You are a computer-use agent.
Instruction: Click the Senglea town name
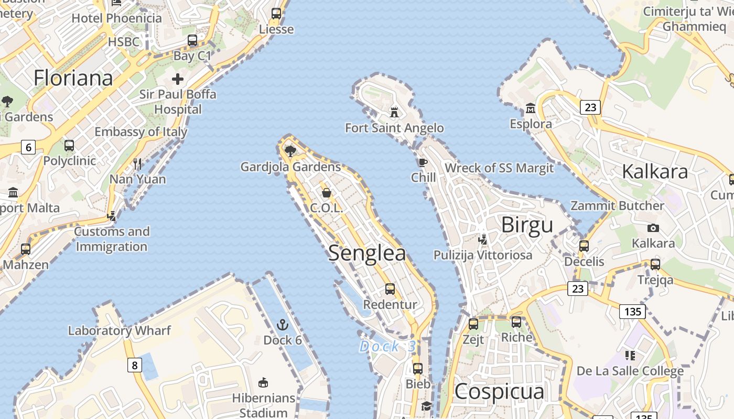pos(367,253)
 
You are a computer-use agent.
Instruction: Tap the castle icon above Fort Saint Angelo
pos(394,112)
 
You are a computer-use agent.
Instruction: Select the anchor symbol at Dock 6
pos(283,325)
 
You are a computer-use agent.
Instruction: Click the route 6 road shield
pos(28,148)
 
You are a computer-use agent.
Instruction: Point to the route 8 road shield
pos(135,365)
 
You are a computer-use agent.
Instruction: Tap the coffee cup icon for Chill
pos(423,162)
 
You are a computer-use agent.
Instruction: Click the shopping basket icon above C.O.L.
pos(327,193)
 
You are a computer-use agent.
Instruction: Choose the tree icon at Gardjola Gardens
pos(290,151)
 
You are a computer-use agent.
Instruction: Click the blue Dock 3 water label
pos(387,346)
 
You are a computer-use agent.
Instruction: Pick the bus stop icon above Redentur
pos(390,289)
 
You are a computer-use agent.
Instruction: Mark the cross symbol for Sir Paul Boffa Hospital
pos(178,79)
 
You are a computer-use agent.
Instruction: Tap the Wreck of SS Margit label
pos(499,168)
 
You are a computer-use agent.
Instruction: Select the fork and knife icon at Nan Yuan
pos(137,164)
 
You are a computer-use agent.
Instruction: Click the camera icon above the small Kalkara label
pos(653,228)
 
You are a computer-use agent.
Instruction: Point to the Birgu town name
pos(527,225)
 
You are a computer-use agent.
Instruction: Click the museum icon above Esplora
pos(531,108)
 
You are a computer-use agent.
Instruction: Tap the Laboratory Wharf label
pos(120,330)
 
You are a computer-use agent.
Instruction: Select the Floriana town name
pos(73,78)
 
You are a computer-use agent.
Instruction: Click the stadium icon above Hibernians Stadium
pos(264,383)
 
